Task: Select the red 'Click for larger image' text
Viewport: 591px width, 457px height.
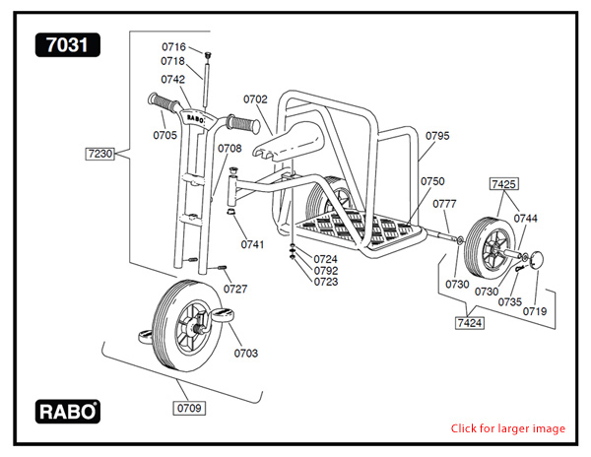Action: click(508, 428)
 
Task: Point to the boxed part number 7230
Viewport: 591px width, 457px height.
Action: click(101, 154)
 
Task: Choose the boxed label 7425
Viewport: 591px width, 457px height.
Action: click(504, 183)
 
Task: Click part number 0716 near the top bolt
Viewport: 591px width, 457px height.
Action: click(173, 47)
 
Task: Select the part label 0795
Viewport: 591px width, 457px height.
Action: click(437, 134)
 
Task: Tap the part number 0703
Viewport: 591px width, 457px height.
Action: click(245, 352)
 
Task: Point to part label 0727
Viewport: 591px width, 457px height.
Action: click(235, 289)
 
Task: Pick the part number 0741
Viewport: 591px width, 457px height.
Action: click(252, 243)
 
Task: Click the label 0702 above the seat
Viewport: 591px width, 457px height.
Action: click(255, 99)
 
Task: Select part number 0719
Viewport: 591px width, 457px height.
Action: click(535, 310)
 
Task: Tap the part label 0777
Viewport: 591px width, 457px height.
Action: click(445, 204)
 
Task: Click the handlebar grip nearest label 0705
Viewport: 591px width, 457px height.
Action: click(160, 101)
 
